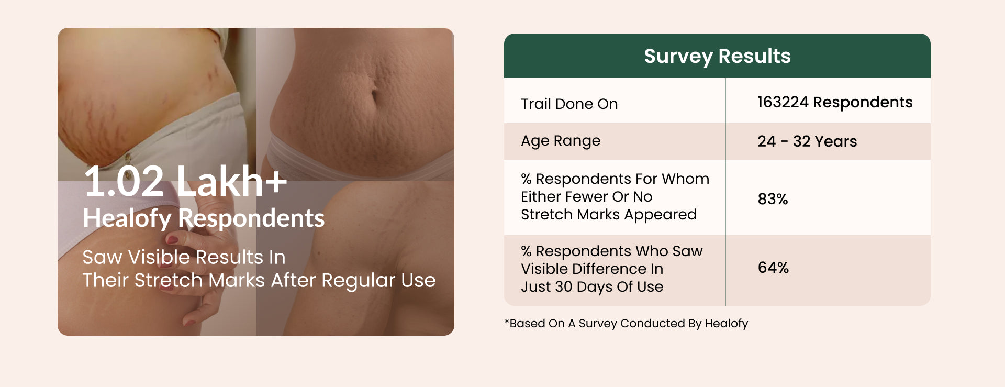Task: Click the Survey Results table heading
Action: (717, 56)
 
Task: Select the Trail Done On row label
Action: (569, 104)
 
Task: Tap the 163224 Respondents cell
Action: (835, 102)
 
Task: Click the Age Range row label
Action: (561, 141)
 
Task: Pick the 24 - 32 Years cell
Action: (807, 141)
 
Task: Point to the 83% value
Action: (773, 199)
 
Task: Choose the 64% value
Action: (773, 268)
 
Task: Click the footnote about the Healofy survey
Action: (626, 324)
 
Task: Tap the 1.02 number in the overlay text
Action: (124, 181)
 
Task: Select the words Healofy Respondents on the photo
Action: (204, 218)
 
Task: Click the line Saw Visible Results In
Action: (184, 257)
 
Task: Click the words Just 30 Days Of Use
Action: (592, 287)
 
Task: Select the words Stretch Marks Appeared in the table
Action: (609, 215)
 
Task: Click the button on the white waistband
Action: (127, 157)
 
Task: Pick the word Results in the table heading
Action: (754, 56)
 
